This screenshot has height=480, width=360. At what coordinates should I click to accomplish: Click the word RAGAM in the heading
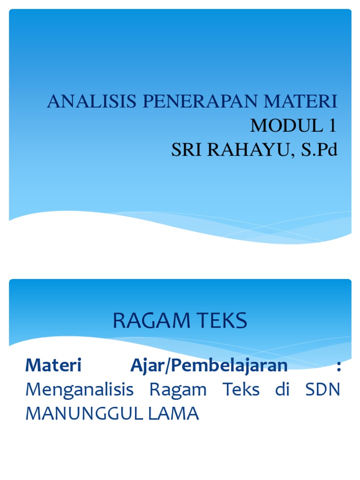[x=149, y=321]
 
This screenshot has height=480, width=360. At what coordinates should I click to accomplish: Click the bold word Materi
[x=53, y=366]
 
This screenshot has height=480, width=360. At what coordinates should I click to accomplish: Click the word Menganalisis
[x=80, y=390]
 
